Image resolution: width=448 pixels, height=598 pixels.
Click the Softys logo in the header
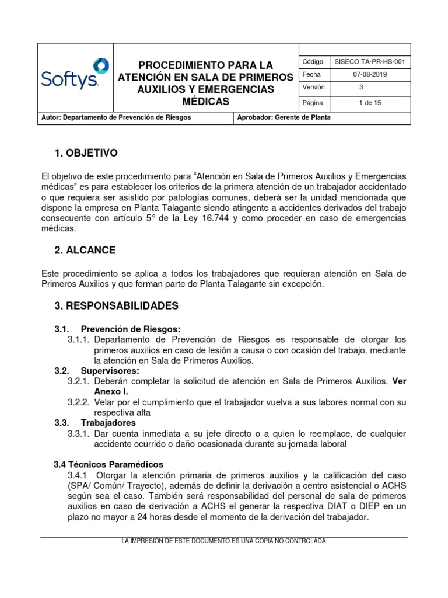(75, 75)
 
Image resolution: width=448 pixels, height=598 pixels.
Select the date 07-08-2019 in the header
(370, 75)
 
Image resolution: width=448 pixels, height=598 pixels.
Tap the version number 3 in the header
(360, 88)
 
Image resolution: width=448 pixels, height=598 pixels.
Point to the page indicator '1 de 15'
(370, 103)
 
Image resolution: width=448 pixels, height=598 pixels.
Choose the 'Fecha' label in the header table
(312, 75)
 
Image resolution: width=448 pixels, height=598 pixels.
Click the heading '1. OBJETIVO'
(86, 153)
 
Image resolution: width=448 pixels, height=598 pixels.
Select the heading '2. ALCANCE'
(85, 250)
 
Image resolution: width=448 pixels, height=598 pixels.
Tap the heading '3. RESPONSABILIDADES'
(116, 305)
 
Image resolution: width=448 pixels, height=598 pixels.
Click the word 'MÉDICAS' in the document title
(205, 102)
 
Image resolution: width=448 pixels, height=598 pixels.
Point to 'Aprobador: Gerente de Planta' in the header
(284, 117)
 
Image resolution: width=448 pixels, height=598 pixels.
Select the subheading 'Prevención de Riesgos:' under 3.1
(131, 329)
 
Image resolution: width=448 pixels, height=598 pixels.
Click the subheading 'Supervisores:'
(110, 371)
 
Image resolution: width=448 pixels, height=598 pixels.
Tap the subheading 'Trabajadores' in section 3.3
(108, 422)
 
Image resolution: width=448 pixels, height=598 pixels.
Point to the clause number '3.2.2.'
(79, 402)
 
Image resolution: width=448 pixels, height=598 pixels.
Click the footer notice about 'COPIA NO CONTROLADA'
(223, 541)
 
